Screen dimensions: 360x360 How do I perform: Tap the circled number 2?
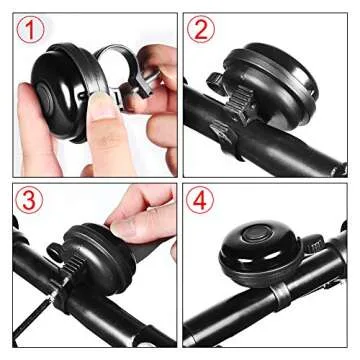pyautogui.click(x=204, y=32)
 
